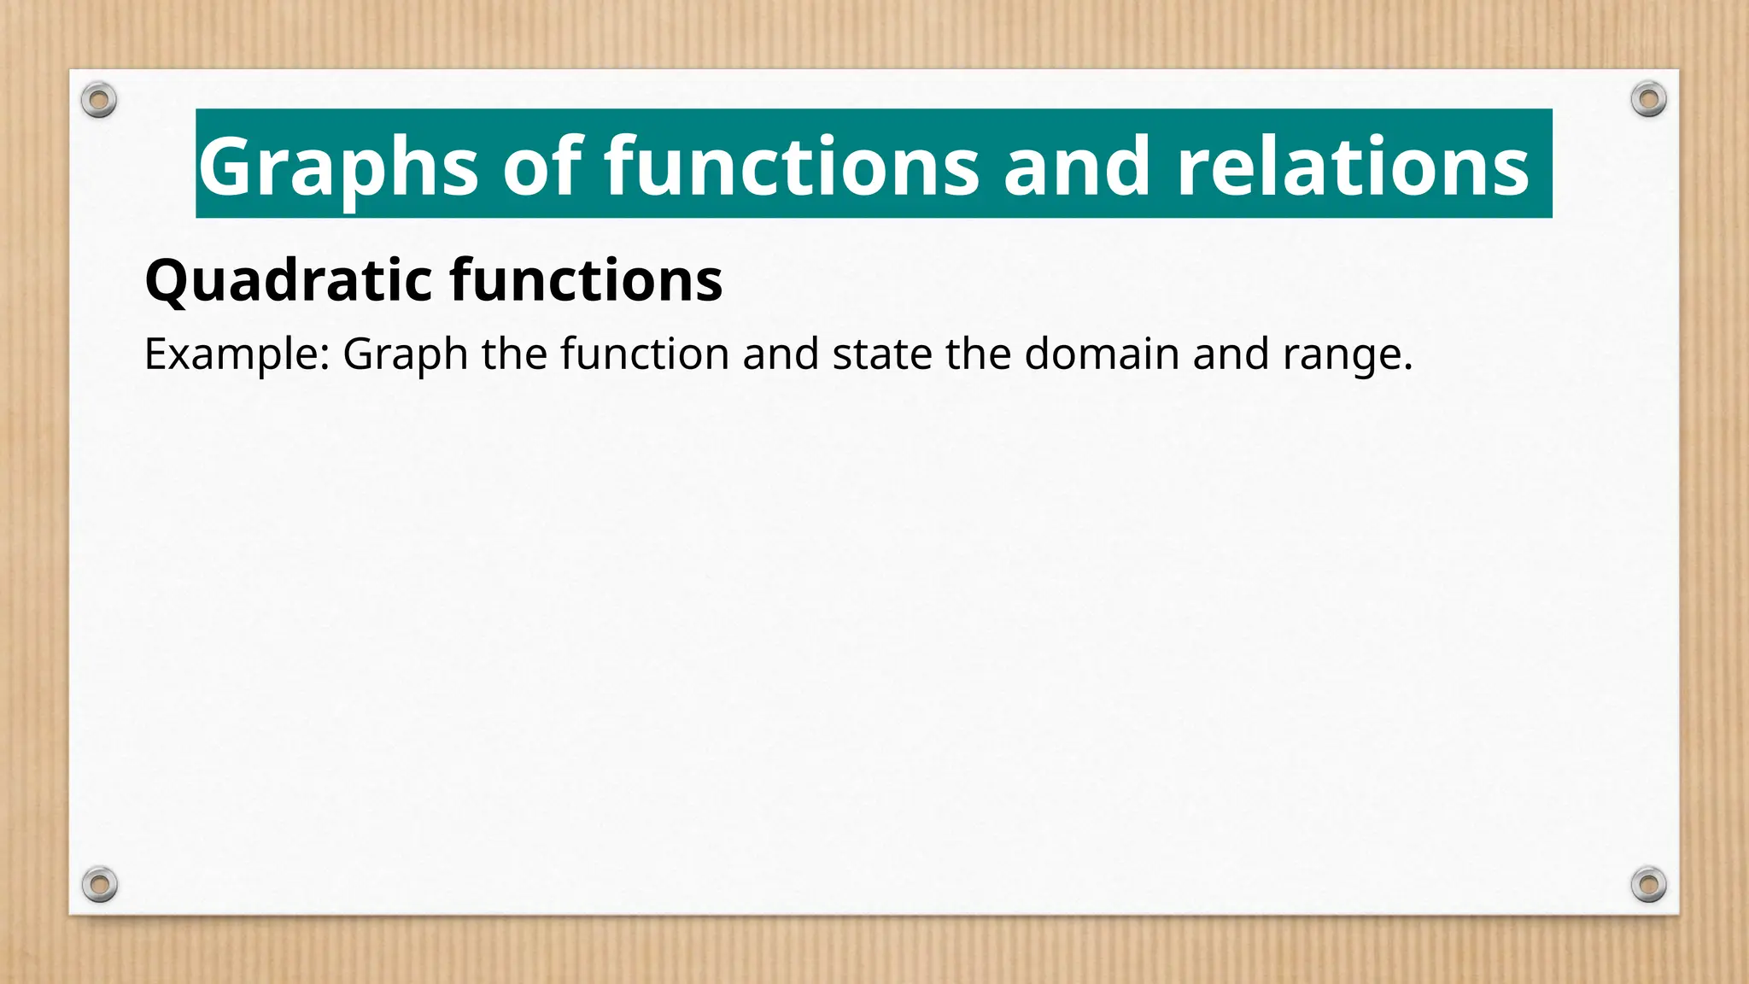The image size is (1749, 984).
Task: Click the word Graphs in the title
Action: pos(338,167)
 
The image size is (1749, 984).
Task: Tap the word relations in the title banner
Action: pos(1352,167)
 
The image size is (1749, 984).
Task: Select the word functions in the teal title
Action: pos(792,167)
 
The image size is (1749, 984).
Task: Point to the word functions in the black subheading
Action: pos(587,280)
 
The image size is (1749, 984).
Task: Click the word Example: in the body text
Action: pos(237,354)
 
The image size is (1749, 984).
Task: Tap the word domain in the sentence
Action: pos(1102,354)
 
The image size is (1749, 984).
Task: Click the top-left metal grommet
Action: pos(99,101)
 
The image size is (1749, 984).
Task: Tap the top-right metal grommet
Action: pos(1648,100)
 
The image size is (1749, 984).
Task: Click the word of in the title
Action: pos(542,167)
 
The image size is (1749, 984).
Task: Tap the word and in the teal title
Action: pos(1077,167)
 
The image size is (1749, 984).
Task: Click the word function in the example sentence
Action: pos(645,354)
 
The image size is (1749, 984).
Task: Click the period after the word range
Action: pos(1407,367)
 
